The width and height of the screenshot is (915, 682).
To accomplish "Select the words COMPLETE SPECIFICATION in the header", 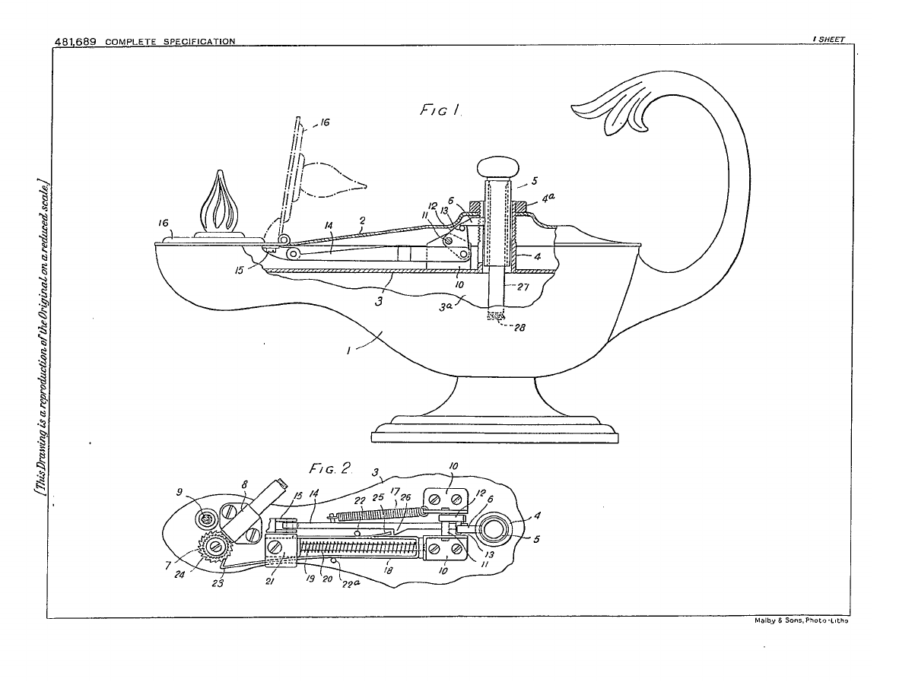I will (170, 41).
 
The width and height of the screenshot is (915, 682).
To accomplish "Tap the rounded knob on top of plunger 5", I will (497, 167).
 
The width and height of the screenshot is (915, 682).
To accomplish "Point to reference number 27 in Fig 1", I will (523, 287).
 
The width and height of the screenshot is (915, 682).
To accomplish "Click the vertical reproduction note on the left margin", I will (38, 335).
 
